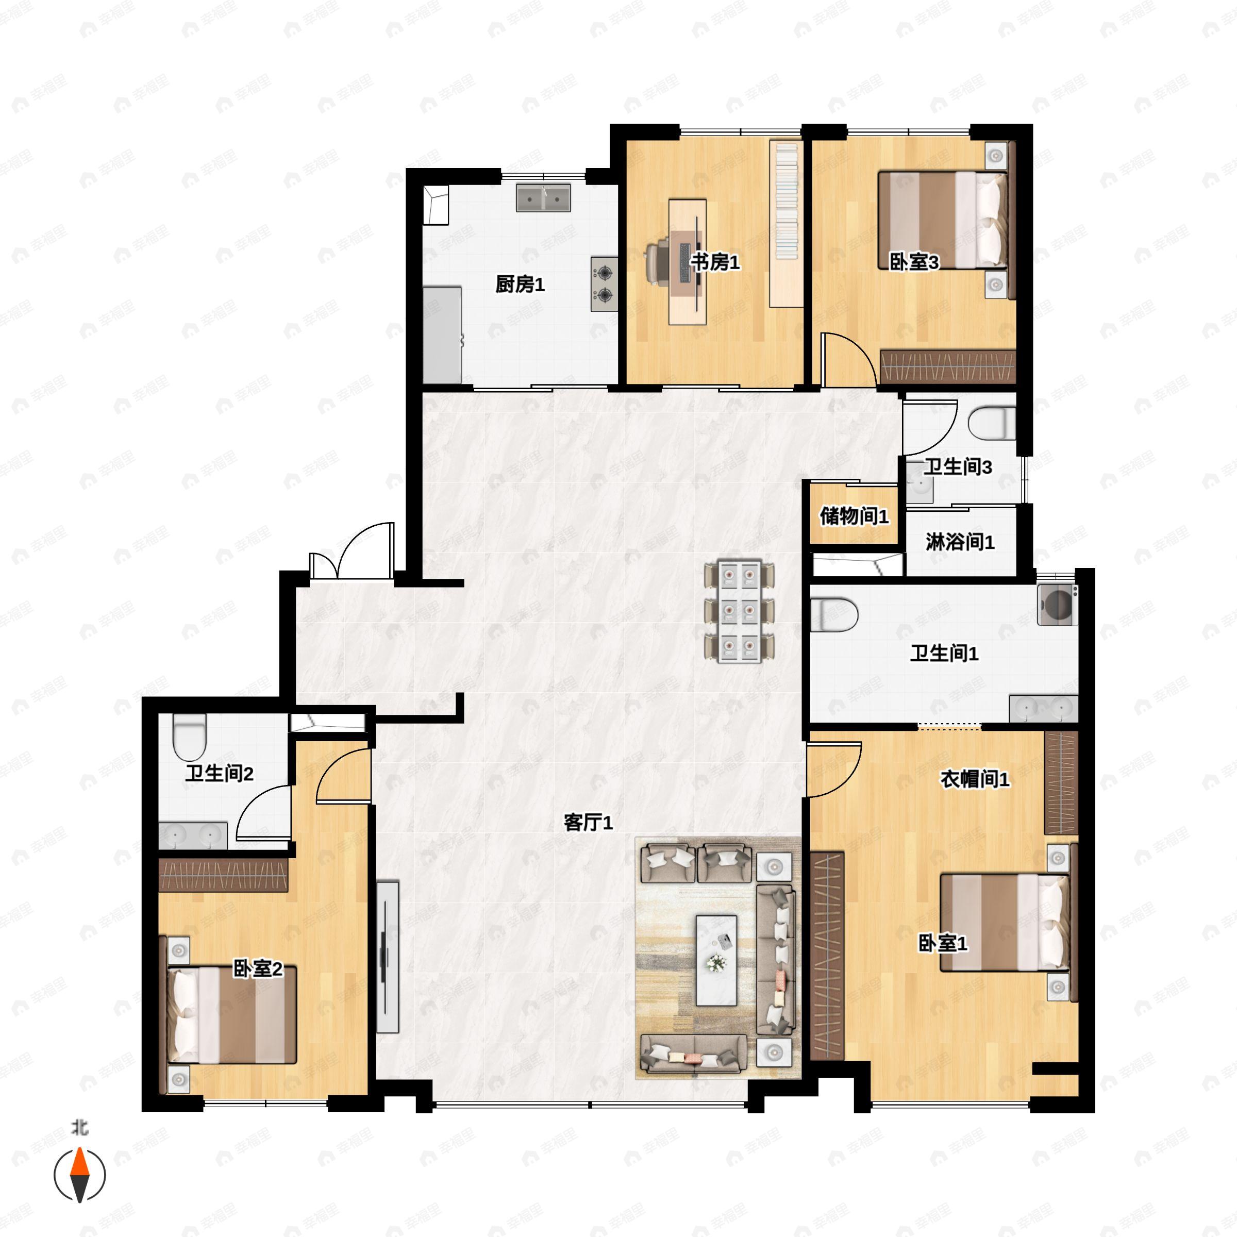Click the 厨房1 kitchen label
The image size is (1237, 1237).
pos(520,285)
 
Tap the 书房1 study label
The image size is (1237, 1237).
pos(715,262)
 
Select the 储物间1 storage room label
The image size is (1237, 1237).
pos(854,516)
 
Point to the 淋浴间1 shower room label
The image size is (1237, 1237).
pos(960,542)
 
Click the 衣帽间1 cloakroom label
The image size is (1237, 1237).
pos(975,779)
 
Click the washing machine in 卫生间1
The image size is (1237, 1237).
pos(1057,604)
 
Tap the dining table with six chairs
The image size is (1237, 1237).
pos(739,611)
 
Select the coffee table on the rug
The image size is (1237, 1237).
pos(716,960)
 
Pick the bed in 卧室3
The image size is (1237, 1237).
pos(943,220)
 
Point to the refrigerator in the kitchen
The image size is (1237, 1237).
pos(442,336)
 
